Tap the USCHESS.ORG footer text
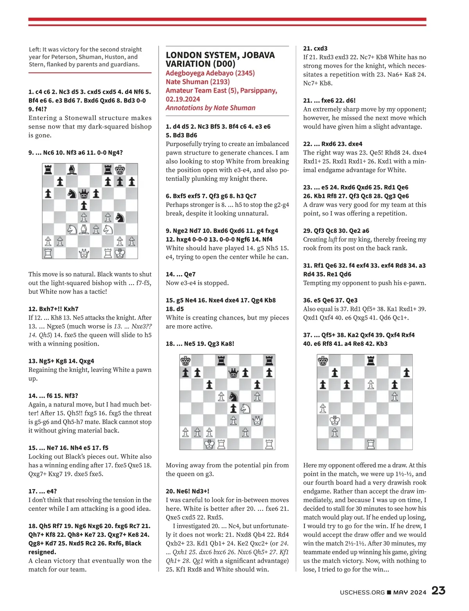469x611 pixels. click(x=362, y=592)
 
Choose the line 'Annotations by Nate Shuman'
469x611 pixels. click(x=211, y=108)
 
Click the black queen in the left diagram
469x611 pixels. click(x=84, y=193)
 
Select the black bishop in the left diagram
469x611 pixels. click(x=72, y=170)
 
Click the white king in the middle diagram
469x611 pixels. click(x=209, y=444)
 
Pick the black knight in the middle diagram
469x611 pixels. click(x=233, y=397)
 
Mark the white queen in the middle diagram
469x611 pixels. click(x=257, y=420)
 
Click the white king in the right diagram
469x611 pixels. click(x=335, y=420)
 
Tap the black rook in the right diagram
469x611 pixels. click(x=371, y=361)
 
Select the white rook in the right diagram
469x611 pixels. click(x=371, y=444)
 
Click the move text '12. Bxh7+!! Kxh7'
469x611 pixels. click(x=54, y=309)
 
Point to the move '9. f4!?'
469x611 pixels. click(x=37, y=109)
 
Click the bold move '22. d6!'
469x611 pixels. click(x=344, y=100)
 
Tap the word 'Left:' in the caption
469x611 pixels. click(x=35, y=50)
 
